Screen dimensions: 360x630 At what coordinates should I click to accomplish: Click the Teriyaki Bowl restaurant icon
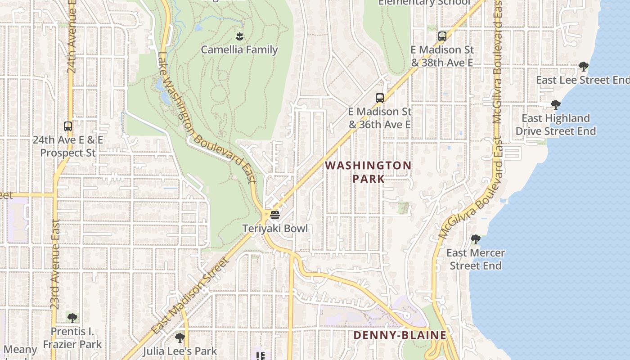pyautogui.click(x=275, y=215)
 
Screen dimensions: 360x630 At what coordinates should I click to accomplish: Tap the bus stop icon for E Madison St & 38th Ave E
pyautogui.click(x=442, y=36)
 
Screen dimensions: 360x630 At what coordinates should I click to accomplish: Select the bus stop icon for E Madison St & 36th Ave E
pyautogui.click(x=380, y=98)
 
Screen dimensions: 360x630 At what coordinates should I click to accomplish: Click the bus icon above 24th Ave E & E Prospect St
pyautogui.click(x=68, y=126)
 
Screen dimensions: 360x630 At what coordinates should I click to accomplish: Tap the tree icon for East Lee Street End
pyautogui.click(x=583, y=67)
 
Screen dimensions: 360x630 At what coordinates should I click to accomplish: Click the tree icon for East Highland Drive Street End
pyautogui.click(x=556, y=105)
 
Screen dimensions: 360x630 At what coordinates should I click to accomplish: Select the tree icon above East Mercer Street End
pyautogui.click(x=476, y=239)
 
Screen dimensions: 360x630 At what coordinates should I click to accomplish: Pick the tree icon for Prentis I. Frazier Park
pyautogui.click(x=72, y=318)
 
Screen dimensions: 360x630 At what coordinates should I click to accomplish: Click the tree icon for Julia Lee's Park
pyautogui.click(x=180, y=337)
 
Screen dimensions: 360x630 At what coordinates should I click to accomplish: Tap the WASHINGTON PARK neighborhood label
pyautogui.click(x=368, y=172)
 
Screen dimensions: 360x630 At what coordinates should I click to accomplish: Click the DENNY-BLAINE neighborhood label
pyautogui.click(x=400, y=335)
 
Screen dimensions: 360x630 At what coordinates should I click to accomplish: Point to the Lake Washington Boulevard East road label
pyautogui.click(x=207, y=118)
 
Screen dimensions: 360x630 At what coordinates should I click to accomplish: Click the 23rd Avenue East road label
pyautogui.click(x=55, y=264)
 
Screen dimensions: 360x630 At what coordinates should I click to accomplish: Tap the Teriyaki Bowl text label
pyautogui.click(x=275, y=229)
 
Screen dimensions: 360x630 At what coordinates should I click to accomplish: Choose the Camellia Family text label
pyautogui.click(x=239, y=50)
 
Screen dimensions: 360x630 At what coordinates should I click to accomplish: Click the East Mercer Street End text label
pyautogui.click(x=476, y=259)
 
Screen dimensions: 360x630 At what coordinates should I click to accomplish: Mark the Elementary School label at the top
pyautogui.click(x=424, y=3)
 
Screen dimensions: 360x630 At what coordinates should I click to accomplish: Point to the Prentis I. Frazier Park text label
pyautogui.click(x=72, y=338)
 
